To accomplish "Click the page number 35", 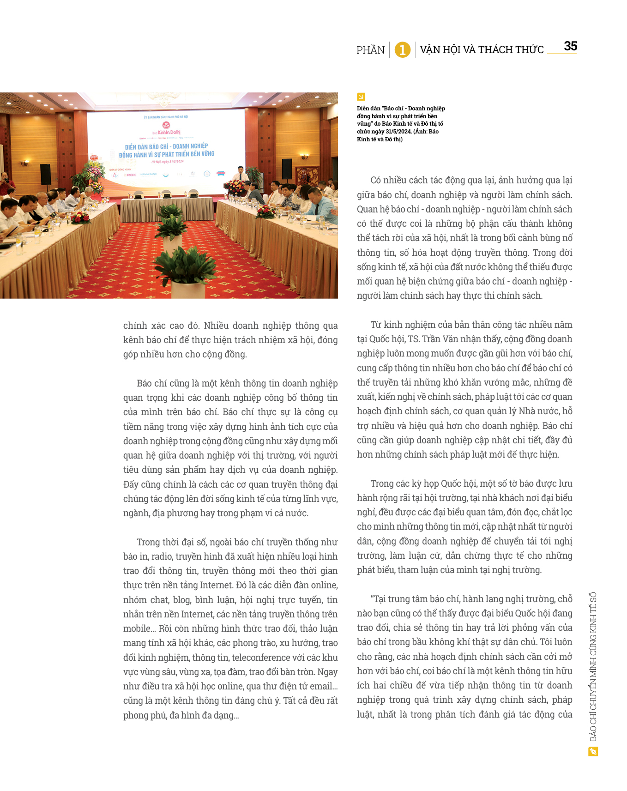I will pyautogui.click(x=570, y=46).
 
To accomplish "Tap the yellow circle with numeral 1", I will pyautogui.click(x=402, y=49).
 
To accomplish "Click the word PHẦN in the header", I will pyautogui.click(x=370, y=50).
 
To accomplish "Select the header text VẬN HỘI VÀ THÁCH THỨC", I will pyautogui.click(x=482, y=49).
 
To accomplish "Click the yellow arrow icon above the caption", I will pyautogui.click(x=361, y=97).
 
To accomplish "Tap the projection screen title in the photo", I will pyautogui.click(x=167, y=150).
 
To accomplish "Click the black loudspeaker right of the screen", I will pyautogui.click(x=287, y=169).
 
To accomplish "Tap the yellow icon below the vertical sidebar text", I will pyautogui.click(x=593, y=752).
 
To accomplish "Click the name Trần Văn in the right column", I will pyautogui.click(x=437, y=339).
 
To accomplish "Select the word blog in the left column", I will pyautogui.click(x=181, y=600).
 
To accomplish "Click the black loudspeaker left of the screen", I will pyautogui.click(x=45, y=174).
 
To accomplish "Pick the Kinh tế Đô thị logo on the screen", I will pyautogui.click(x=166, y=128).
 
